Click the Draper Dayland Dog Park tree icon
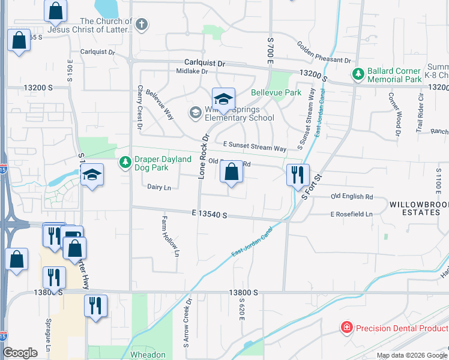pyautogui.click(x=125, y=163)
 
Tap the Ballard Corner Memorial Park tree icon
pyautogui.click(x=358, y=74)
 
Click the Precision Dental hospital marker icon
pyautogui.click(x=346, y=328)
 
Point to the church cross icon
pyautogui.click(x=140, y=25)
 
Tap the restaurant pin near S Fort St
pyautogui.click(x=298, y=175)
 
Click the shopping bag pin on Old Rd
pyautogui.click(x=232, y=173)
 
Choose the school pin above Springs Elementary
pyautogui.click(x=223, y=99)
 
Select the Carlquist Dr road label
pyautogui.click(x=205, y=62)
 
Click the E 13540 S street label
pyautogui.click(x=209, y=213)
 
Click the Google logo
pyautogui.click(x=20, y=353)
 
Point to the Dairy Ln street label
pyautogui.click(x=159, y=187)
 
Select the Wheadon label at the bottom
pyautogui.click(x=148, y=355)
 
